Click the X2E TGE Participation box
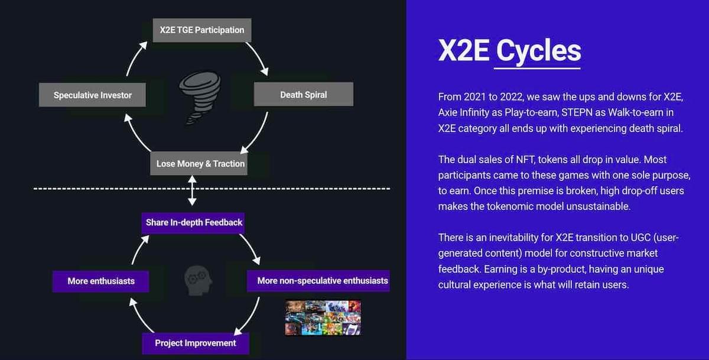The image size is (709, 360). pyautogui.click(x=202, y=30)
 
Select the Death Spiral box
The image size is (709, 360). pyautogui.click(x=304, y=95)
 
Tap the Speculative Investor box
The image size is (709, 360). pyautogui.click(x=92, y=95)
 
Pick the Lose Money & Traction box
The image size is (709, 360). pyautogui.click(x=199, y=163)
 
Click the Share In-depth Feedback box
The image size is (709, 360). pyautogui.click(x=193, y=223)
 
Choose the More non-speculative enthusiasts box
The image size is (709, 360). pyautogui.click(x=318, y=281)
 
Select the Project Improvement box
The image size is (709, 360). pyautogui.click(x=196, y=343)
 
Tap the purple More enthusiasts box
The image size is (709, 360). pyautogui.click(x=100, y=281)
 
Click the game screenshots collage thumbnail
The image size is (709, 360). pyautogui.click(x=323, y=317)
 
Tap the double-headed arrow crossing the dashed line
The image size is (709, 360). pyautogui.click(x=192, y=190)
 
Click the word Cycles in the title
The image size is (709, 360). pyautogui.click(x=538, y=51)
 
